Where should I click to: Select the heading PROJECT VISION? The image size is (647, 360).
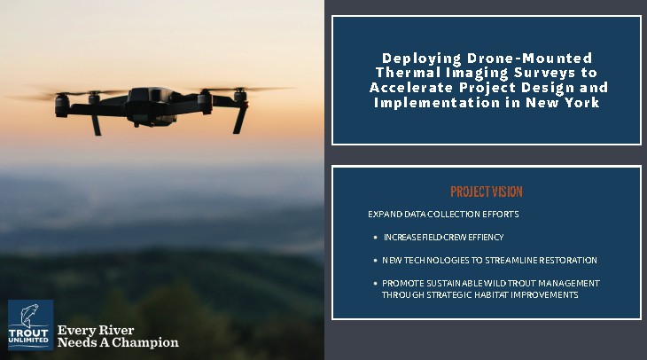[x=486, y=192]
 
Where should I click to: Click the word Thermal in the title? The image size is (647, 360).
[x=402, y=72]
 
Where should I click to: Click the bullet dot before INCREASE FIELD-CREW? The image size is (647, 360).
[x=375, y=238]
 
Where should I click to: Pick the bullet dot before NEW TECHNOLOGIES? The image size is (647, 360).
[x=375, y=261]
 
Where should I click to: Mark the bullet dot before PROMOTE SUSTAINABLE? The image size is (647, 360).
[x=375, y=283]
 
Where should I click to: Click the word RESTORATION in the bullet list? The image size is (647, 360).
[x=566, y=261]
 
